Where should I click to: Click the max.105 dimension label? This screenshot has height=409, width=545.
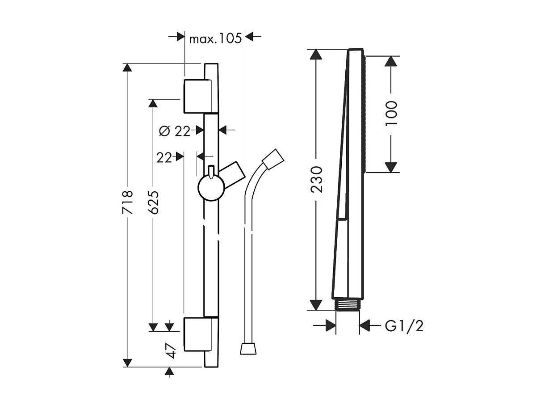click(x=215, y=38)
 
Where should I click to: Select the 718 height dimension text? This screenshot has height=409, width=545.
click(x=128, y=202)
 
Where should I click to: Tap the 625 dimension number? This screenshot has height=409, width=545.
click(x=153, y=202)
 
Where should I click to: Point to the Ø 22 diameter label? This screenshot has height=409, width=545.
click(x=174, y=131)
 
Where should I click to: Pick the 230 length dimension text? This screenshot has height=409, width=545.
click(x=316, y=179)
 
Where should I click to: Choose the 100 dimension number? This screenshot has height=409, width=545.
click(x=391, y=113)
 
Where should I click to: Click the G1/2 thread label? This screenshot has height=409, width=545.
click(x=404, y=326)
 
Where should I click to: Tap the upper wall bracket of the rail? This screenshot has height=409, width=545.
click(x=197, y=96)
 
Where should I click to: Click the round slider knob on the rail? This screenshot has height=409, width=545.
click(x=211, y=188)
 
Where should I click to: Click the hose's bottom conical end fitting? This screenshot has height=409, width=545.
click(x=248, y=348)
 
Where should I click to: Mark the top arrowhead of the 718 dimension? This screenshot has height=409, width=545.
click(x=128, y=68)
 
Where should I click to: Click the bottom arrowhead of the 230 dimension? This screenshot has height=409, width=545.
click(x=316, y=304)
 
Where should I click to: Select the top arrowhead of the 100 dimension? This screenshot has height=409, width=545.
click(x=391, y=61)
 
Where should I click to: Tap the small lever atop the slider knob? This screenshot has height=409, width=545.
click(x=211, y=171)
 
